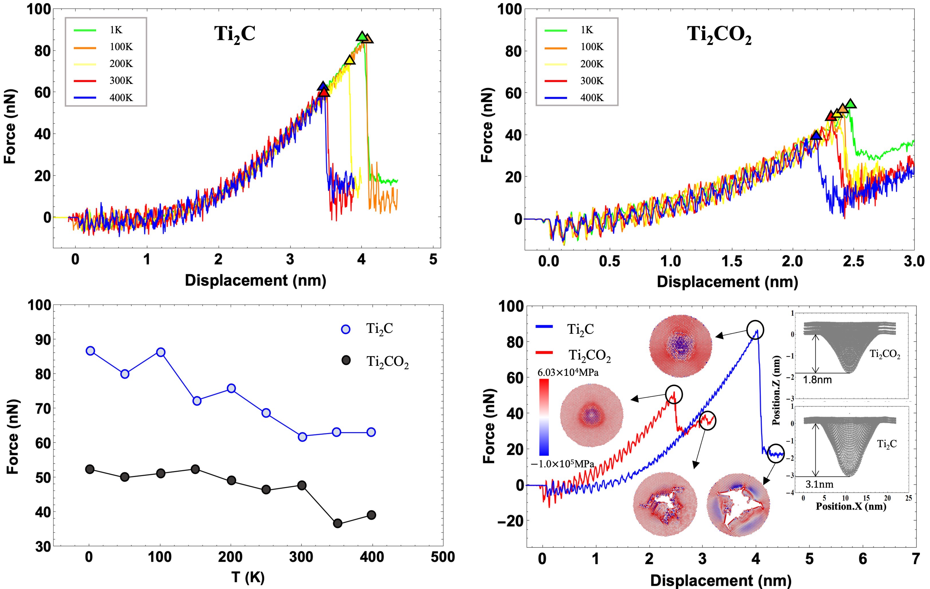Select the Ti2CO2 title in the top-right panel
pyautogui.click(x=719, y=36)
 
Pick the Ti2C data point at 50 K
pyautogui.click(x=125, y=374)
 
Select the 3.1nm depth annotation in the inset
pyautogui.click(x=819, y=484)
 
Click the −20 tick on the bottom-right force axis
pyautogui.click(x=509, y=521)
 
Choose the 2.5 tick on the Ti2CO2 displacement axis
pyautogui.click(x=853, y=261)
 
